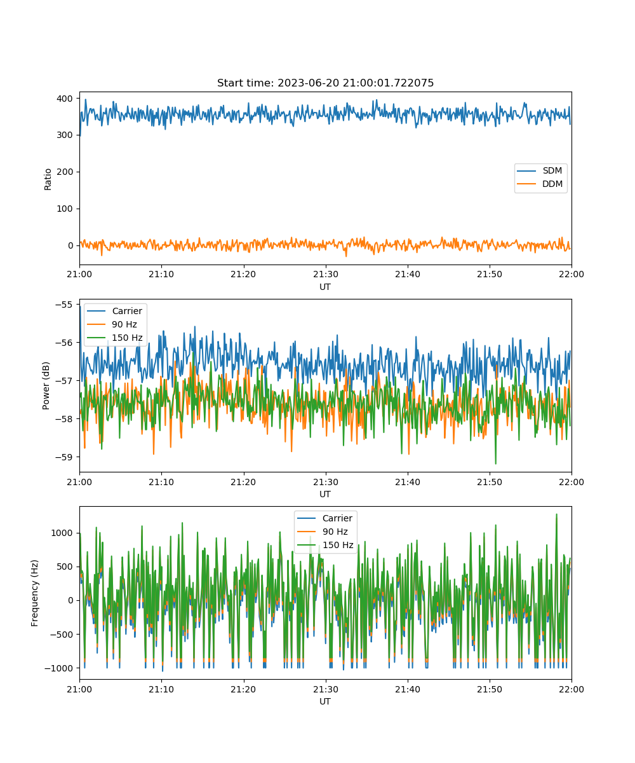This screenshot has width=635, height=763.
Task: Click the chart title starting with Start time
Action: click(325, 83)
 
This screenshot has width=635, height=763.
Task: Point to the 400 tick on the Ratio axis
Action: click(65, 99)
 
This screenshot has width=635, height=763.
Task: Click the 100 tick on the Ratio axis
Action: click(65, 209)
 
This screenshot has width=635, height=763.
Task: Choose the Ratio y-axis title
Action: click(48, 179)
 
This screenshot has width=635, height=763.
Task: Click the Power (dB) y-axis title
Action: click(46, 385)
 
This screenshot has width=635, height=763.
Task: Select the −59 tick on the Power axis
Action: click(63, 457)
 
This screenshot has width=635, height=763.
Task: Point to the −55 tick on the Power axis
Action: click(63, 305)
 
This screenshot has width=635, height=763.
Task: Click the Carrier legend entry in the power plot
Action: click(114, 311)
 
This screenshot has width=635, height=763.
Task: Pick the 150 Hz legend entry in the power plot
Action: click(114, 338)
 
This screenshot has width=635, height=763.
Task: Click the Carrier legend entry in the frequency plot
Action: click(324, 518)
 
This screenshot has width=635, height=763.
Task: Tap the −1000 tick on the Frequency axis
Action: click(58, 668)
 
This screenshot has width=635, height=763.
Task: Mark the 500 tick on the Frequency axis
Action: click(65, 567)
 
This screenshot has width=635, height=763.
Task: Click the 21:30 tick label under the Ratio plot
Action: click(326, 275)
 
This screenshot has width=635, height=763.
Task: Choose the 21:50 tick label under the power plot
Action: click(490, 482)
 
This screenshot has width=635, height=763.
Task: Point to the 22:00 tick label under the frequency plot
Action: click(571, 689)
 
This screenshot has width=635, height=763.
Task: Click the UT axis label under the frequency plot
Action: click(325, 701)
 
